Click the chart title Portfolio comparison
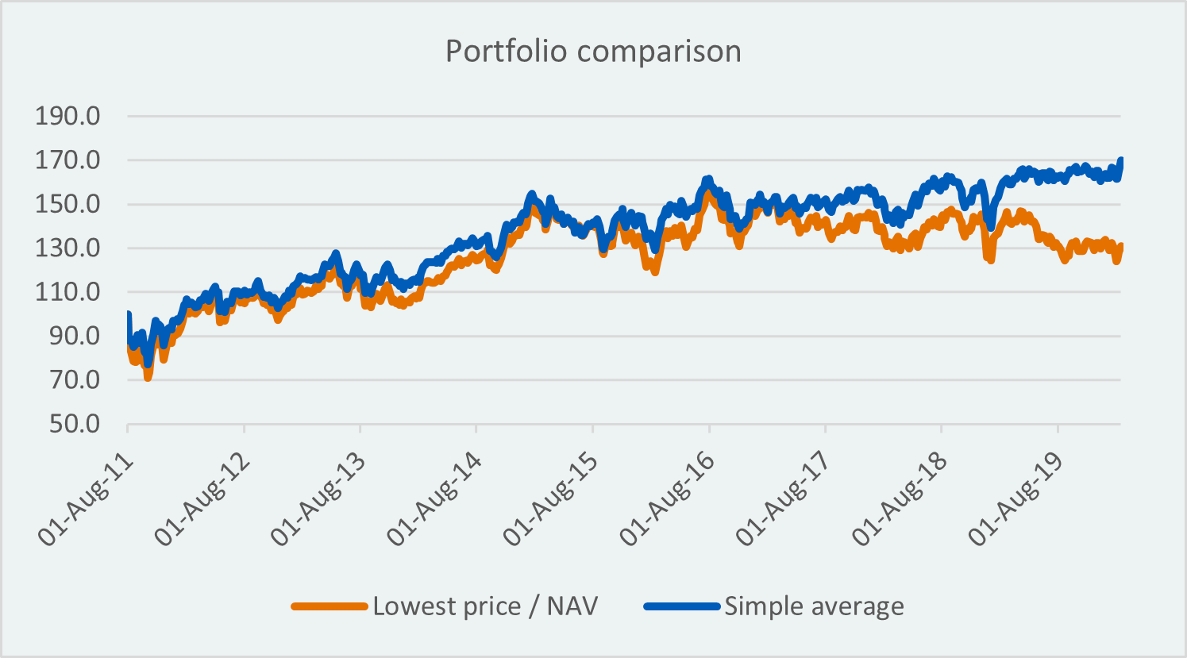click(x=593, y=51)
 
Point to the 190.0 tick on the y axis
click(x=67, y=117)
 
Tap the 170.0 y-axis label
click(x=67, y=160)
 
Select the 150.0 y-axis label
click(x=67, y=204)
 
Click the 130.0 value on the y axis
click(x=67, y=248)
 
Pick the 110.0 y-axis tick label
click(x=67, y=292)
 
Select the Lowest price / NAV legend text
click(x=485, y=606)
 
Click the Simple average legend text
click(x=814, y=606)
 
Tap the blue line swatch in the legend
click(x=682, y=606)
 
